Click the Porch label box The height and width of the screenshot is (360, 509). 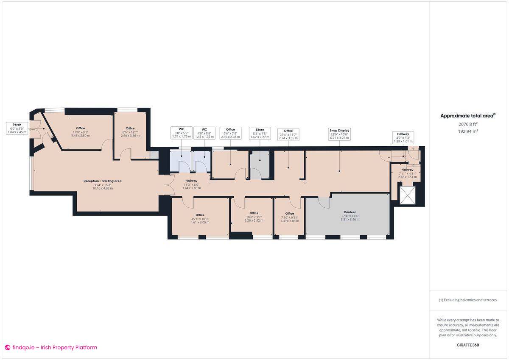pos(17,128)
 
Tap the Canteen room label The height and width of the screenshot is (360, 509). pos(350,215)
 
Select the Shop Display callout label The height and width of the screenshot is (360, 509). pos(339,134)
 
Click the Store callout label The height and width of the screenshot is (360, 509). pos(260,133)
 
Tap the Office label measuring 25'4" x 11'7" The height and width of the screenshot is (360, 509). pos(288,134)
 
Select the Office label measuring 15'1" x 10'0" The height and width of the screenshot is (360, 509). pos(200,218)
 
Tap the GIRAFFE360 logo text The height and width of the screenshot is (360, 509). pos(467,345)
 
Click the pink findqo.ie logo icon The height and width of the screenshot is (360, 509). pos(7,347)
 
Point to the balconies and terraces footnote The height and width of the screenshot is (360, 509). pos(467,300)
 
